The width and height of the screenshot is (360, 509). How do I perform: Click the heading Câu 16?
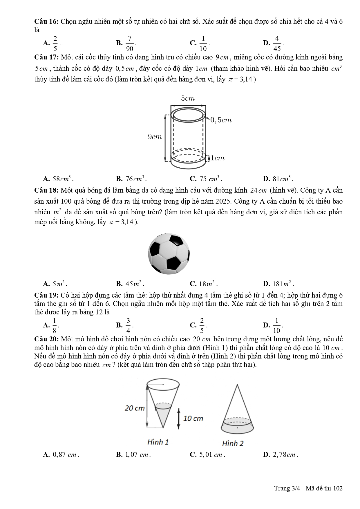46,21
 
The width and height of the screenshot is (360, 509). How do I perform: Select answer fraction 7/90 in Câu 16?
130,43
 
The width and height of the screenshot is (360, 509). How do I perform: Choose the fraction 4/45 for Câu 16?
277,43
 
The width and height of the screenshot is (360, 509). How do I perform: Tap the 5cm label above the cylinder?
188,99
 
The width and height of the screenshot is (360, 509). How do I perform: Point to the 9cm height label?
155,137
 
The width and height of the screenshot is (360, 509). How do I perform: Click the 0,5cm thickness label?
221,120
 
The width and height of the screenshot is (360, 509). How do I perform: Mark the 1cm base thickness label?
218,158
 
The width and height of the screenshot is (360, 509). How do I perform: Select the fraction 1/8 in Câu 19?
55,325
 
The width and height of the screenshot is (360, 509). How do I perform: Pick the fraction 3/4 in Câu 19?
128,325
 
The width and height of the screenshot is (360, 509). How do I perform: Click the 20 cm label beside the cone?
135,408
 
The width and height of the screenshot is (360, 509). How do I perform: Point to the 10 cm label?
193,418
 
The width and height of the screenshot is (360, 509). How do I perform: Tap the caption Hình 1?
158,442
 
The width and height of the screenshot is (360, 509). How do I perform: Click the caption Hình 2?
233,443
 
